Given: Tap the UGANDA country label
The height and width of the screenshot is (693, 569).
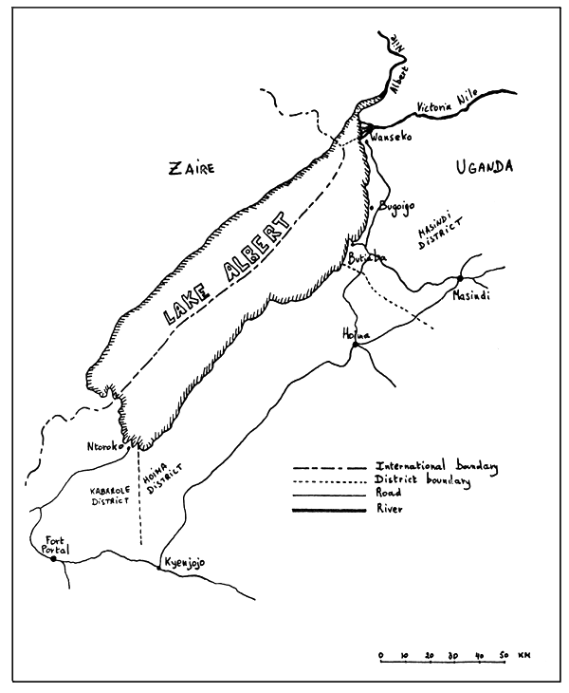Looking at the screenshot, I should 483,167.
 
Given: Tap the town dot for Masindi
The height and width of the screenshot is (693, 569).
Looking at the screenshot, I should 460,278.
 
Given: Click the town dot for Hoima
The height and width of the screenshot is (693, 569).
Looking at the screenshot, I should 353,346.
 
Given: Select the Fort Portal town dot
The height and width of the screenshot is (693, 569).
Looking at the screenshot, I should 54,559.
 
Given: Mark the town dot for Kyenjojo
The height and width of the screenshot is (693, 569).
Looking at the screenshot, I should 157,568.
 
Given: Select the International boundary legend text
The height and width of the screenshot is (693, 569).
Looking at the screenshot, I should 437,467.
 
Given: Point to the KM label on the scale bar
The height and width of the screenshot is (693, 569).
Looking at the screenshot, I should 524,655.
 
